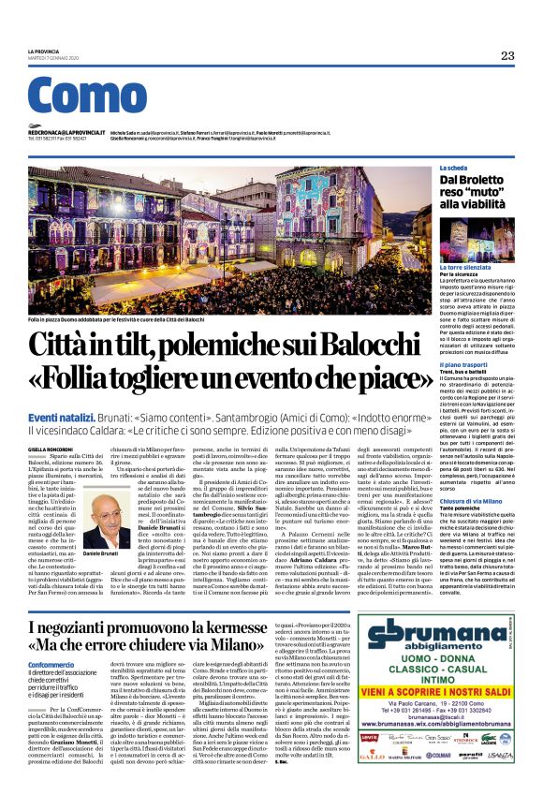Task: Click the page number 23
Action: click(506, 56)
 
